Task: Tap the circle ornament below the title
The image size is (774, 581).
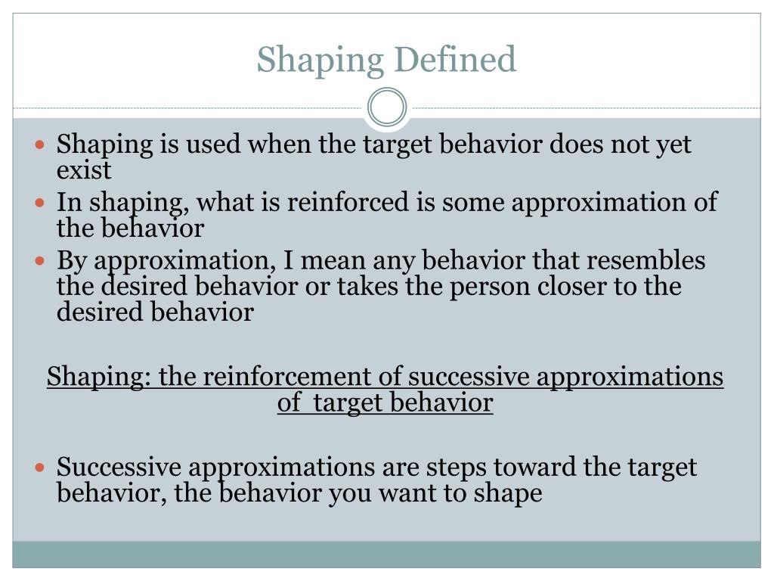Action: coord(387,107)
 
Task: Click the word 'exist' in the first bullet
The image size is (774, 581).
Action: coord(84,169)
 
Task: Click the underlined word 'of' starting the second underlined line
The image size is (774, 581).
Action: coord(289,402)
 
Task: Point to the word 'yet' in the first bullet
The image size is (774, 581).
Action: coord(673,144)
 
